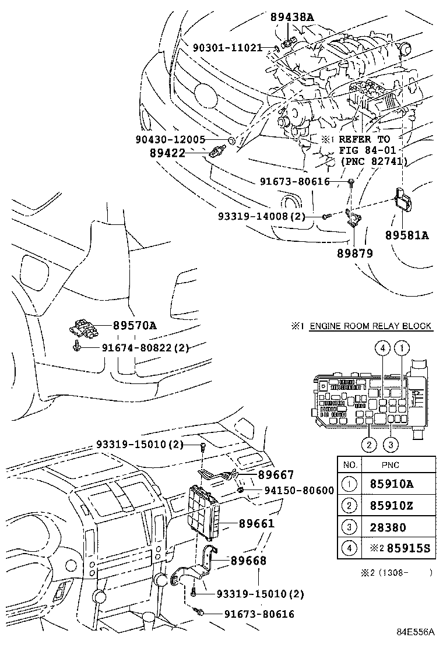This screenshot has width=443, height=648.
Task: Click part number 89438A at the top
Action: click(x=292, y=17)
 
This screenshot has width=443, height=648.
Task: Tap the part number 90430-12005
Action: click(x=170, y=140)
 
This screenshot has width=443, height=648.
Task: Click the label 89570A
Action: click(x=135, y=326)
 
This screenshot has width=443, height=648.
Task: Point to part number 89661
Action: click(x=256, y=524)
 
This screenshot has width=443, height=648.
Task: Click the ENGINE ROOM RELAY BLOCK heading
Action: click(x=370, y=326)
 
